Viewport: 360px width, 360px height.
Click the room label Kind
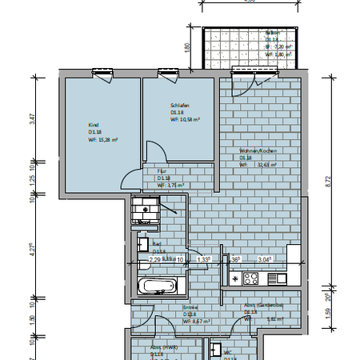click(93, 125)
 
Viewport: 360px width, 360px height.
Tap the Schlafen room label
click(178, 105)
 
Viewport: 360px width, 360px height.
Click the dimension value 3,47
click(32, 118)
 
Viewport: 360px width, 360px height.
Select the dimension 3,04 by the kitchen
click(265, 259)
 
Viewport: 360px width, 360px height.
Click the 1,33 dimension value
click(204, 259)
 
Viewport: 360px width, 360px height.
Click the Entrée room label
click(190, 307)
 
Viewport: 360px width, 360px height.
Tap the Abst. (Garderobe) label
click(264, 305)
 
